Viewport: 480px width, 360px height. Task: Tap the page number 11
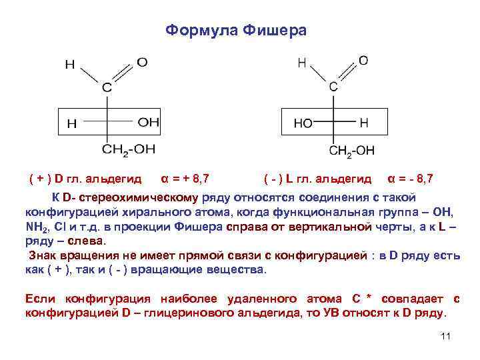[446, 336]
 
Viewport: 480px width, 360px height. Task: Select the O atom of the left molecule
[142, 63]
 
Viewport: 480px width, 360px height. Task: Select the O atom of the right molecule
[363, 61]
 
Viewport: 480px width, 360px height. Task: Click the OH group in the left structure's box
[149, 123]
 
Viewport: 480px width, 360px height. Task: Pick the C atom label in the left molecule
[107, 87]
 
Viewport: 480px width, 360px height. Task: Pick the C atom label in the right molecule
[333, 87]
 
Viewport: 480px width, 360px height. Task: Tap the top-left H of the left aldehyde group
[70, 65]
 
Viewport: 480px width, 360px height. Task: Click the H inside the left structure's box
[72, 123]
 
